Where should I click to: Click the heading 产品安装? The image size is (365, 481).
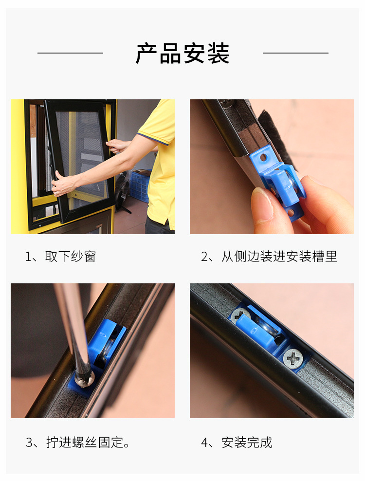(x=182, y=54)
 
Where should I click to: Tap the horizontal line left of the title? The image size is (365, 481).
(x=70, y=53)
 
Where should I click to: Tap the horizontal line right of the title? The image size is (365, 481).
(x=295, y=53)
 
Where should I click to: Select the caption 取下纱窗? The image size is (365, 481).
(x=70, y=257)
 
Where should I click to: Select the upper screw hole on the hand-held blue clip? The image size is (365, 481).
(x=263, y=158)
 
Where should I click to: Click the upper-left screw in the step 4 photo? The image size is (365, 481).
(x=239, y=315)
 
